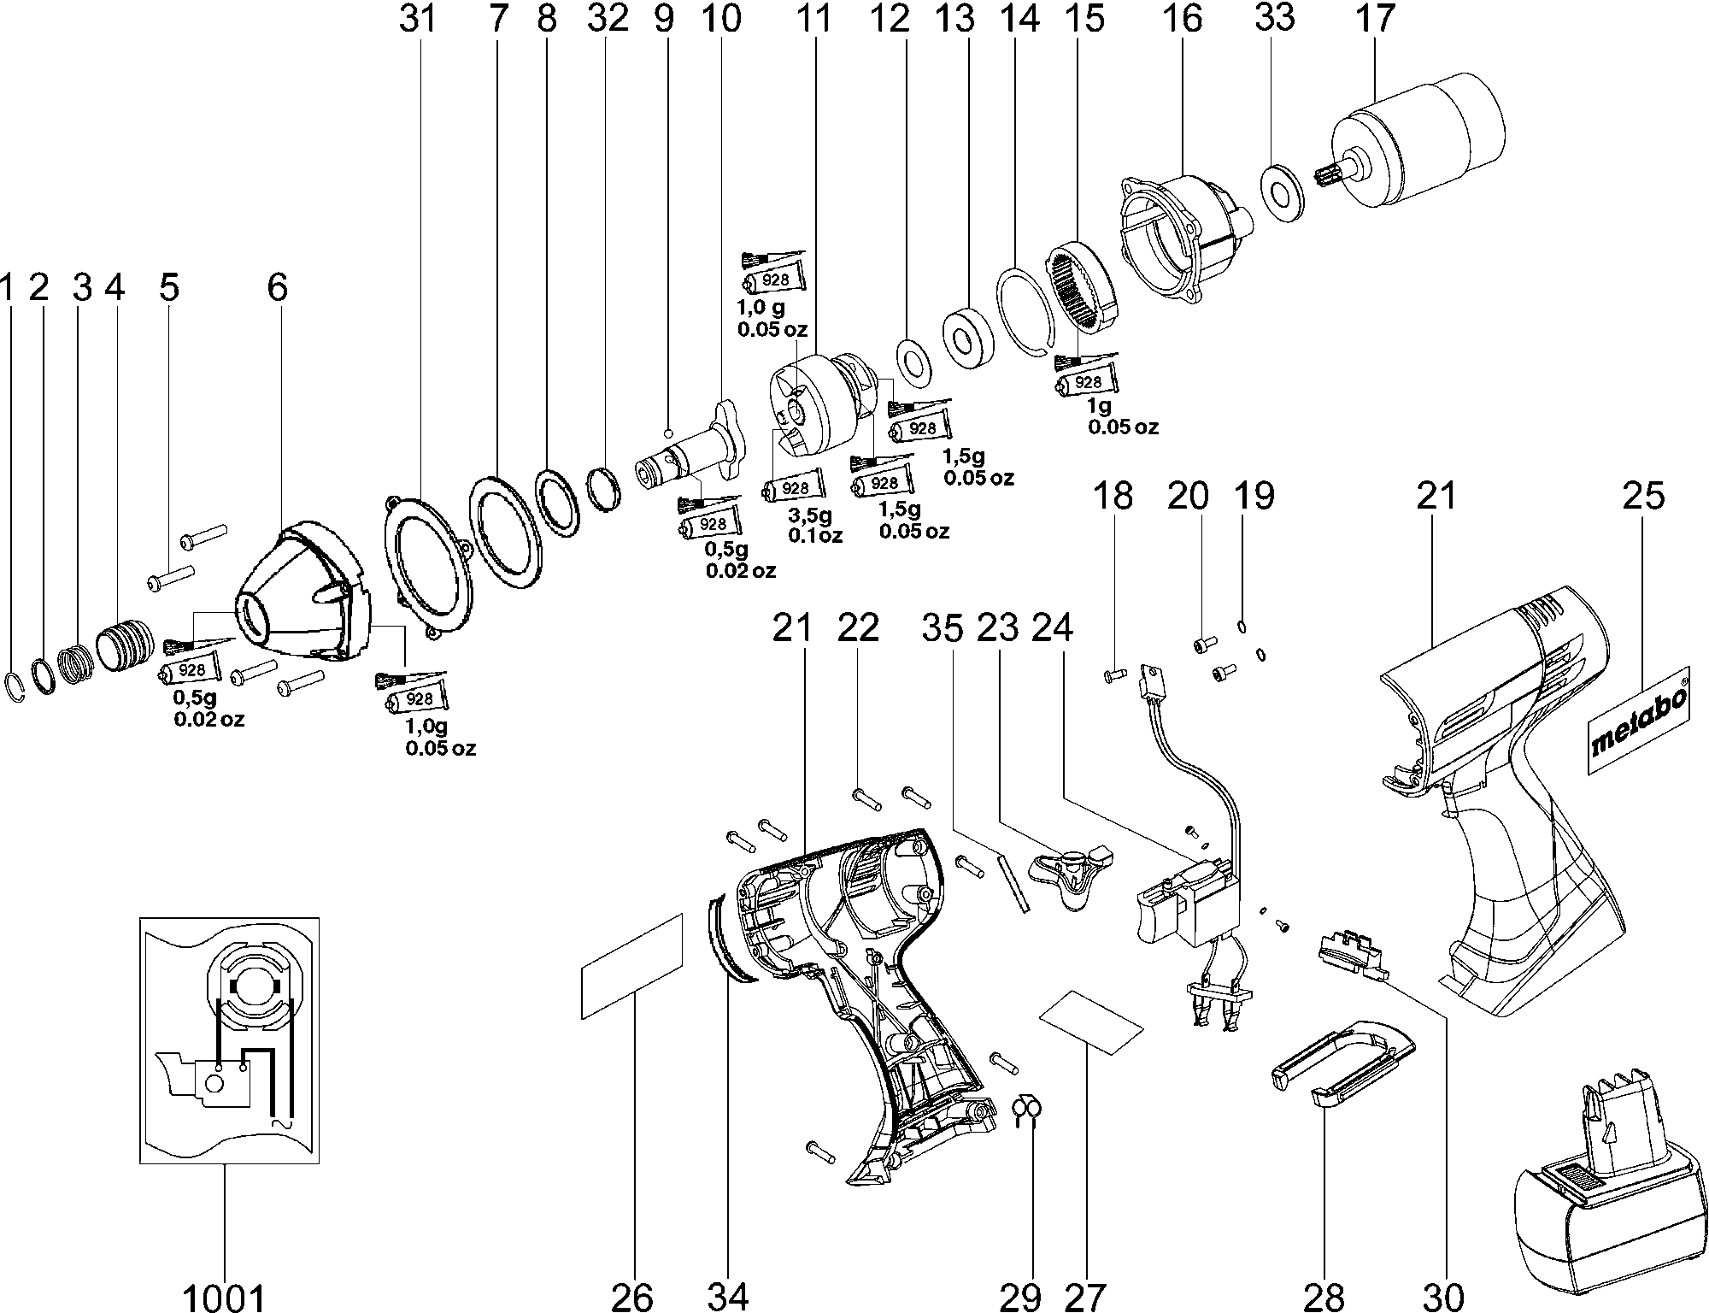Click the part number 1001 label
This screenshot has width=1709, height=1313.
(x=224, y=1298)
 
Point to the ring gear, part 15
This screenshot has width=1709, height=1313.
(x=1080, y=287)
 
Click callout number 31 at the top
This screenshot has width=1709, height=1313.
(x=418, y=18)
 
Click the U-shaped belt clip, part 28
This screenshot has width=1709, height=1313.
(x=1342, y=1069)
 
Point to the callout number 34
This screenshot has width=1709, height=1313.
(x=728, y=1298)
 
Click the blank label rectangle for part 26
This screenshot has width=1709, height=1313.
(x=632, y=966)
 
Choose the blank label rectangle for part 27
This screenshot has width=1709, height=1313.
(x=1091, y=1021)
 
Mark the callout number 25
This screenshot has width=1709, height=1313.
(x=1643, y=496)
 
